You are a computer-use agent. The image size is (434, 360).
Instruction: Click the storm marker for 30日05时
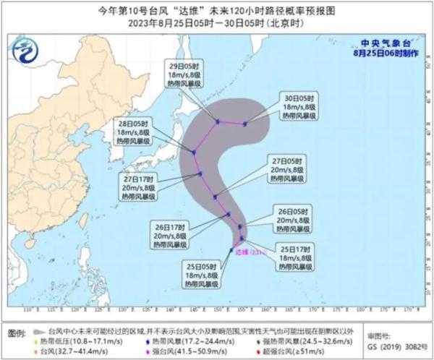[x=245, y=124]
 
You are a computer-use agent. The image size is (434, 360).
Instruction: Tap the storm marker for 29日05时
[x=217, y=121]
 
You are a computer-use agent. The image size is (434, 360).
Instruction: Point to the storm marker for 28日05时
[x=194, y=152]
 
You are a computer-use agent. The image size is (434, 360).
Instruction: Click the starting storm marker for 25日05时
[x=231, y=250]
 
